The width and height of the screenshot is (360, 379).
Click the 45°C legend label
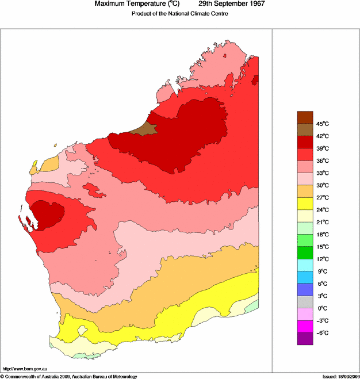(322, 124)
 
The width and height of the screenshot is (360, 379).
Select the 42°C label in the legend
(322, 136)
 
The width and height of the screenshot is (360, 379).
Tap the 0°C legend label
(322, 308)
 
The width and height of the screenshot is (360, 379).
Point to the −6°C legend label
(322, 333)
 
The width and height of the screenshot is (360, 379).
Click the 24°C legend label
(322, 210)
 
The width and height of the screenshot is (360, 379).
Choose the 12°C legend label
(322, 259)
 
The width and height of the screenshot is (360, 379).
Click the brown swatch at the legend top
(305, 117)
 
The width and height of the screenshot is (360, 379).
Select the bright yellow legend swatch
(305, 203)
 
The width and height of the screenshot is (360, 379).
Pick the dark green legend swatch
(305, 252)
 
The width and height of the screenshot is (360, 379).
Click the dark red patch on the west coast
(49, 215)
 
